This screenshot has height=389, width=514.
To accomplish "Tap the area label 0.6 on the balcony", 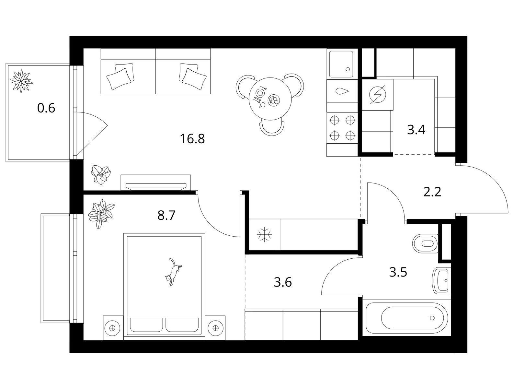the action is coord(46,108).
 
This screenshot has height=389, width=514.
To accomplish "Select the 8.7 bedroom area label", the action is coord(166,215).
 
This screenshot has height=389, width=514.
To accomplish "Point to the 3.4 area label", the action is coord(416,130).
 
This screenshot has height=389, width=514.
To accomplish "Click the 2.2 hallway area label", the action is coord(432,192).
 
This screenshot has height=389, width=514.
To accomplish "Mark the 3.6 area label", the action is coord(283,282).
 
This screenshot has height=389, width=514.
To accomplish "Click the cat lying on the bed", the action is coord(173,272).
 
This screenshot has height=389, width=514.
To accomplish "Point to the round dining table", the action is coord(270,99).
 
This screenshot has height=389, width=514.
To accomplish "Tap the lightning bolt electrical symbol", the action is coord(377,95).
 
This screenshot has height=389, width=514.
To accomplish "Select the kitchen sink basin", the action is coord(341,64).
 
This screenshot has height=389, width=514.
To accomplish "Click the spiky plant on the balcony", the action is coord(21,81).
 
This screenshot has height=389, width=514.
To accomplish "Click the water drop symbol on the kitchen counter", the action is coord(342,91).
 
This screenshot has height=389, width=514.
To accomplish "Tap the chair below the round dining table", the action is coord(272,128).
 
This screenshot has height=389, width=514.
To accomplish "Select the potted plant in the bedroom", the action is coord(101,214).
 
